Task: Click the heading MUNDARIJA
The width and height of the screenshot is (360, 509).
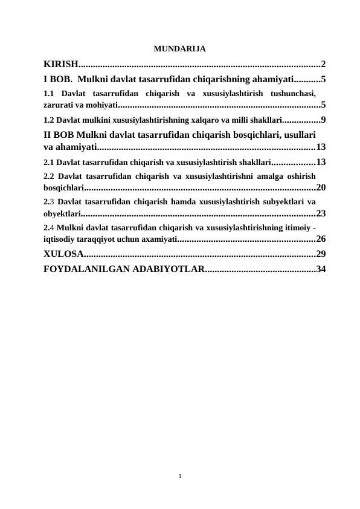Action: click(x=180, y=48)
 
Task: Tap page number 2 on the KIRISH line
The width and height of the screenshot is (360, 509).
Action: click(x=324, y=64)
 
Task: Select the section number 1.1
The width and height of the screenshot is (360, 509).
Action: click(x=50, y=94)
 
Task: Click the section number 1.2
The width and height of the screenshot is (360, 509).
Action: click(x=50, y=119)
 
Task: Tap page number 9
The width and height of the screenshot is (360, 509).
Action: click(x=324, y=119)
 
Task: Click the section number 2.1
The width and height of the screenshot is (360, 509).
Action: click(x=50, y=162)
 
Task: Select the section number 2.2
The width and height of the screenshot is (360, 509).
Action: click(x=50, y=176)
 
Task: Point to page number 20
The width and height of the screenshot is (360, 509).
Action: click(x=321, y=187)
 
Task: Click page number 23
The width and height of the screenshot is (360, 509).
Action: click(x=321, y=213)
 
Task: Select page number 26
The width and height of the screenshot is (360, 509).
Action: click(x=321, y=238)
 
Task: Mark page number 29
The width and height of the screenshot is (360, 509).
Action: click(x=321, y=253)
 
